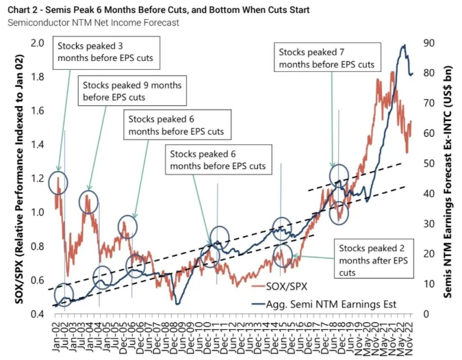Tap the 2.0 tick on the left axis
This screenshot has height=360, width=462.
coord(38,43)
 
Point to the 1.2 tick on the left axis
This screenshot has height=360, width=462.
coord(38,179)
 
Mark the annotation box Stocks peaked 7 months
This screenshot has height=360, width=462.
coord(326,57)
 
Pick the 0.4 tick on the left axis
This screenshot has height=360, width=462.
coord(38,314)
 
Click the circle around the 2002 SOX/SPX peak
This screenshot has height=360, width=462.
coord(59,182)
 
